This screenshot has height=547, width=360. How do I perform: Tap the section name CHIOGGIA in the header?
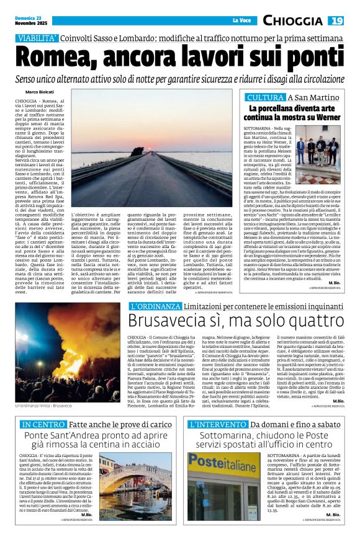click(x=292, y=21)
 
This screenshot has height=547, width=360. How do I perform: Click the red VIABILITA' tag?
click(x=38, y=38)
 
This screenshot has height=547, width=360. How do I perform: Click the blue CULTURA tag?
click(x=265, y=98)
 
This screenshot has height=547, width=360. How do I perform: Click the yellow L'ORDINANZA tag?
click(x=150, y=306)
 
